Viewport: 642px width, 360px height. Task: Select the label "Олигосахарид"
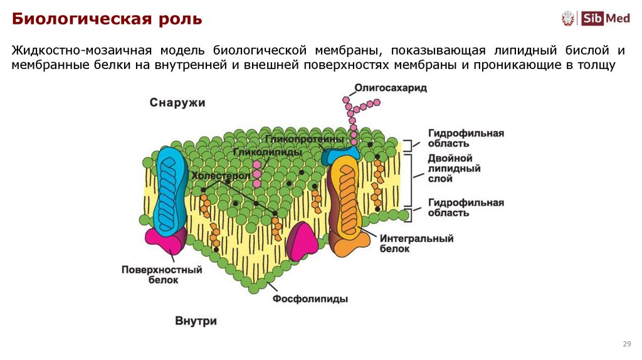click(390, 88)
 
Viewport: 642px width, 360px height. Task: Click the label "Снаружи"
click(177, 102)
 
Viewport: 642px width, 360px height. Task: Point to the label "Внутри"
click(196, 320)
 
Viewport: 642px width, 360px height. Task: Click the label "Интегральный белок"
click(416, 243)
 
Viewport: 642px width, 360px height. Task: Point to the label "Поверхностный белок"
click(162, 275)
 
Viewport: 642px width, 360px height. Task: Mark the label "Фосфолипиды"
click(310, 299)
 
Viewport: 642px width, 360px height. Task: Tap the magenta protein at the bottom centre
click(302, 241)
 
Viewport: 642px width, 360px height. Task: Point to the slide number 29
click(626, 344)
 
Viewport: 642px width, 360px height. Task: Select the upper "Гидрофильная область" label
click(466, 139)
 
